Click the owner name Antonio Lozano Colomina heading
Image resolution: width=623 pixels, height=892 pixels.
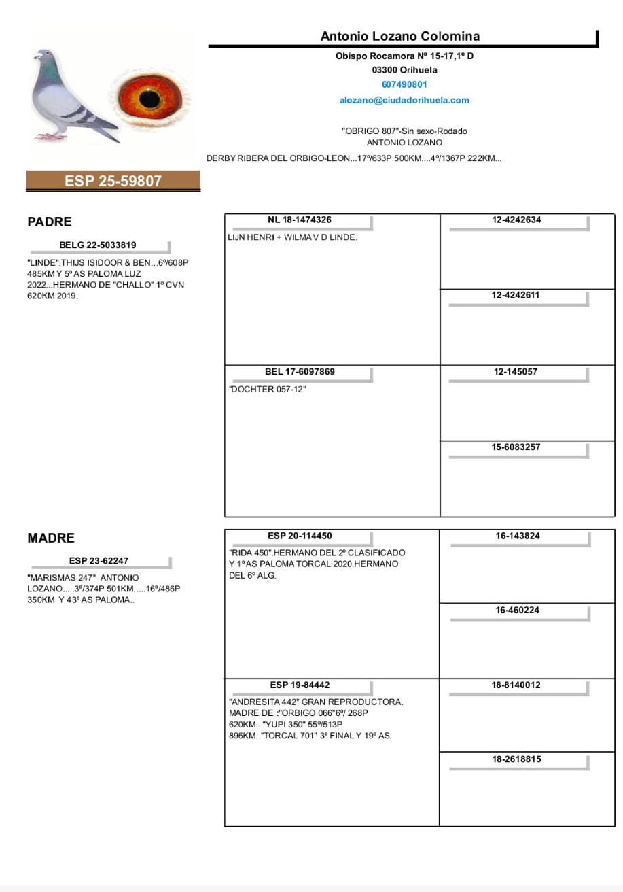(400, 37)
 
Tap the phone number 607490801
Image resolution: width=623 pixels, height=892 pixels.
(404, 85)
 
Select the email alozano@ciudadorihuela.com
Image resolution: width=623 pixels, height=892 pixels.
(404, 100)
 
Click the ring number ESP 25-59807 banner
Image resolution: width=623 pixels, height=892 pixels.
(113, 181)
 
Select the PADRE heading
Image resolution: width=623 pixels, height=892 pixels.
(50, 222)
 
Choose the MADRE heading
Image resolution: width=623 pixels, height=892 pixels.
(51, 538)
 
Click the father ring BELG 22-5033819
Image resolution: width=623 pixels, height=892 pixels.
(98, 245)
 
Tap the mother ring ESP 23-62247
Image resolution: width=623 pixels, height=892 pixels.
(99, 561)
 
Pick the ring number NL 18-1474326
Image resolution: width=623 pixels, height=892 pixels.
(300, 220)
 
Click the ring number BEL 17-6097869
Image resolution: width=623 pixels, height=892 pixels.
(300, 372)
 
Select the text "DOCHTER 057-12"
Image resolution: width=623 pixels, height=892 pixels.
(268, 390)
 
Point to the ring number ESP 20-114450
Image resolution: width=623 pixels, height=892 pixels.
(300, 536)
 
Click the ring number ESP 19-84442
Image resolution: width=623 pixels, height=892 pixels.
(300, 685)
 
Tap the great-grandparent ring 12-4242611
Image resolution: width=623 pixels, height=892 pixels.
(516, 295)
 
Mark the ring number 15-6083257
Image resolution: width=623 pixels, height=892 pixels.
(516, 447)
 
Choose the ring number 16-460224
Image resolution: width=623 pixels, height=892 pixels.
(517, 610)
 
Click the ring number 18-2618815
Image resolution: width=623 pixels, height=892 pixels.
(517, 759)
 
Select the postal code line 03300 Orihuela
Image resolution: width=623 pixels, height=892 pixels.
(404, 70)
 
